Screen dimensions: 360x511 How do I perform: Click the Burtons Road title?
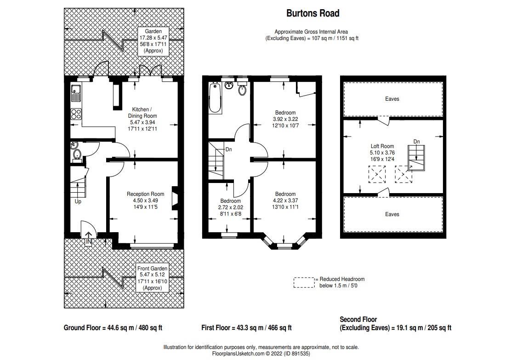point(313,13)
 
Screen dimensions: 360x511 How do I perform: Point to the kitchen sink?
point(75,94)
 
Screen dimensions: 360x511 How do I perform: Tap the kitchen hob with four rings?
point(75,114)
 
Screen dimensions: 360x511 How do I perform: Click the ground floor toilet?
point(77,153)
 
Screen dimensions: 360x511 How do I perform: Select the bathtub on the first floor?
point(215,98)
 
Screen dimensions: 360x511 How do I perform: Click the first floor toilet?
point(243,91)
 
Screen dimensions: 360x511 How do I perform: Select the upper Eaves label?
point(392,99)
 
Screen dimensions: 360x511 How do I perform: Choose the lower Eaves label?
point(392,214)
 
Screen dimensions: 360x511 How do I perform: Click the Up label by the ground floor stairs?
point(78,201)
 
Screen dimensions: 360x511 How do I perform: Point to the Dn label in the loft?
point(416,142)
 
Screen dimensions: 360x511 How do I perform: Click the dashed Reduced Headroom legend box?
point(304,282)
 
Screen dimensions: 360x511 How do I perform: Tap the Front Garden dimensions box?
point(153,278)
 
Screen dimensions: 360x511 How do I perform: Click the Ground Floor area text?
point(113,328)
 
